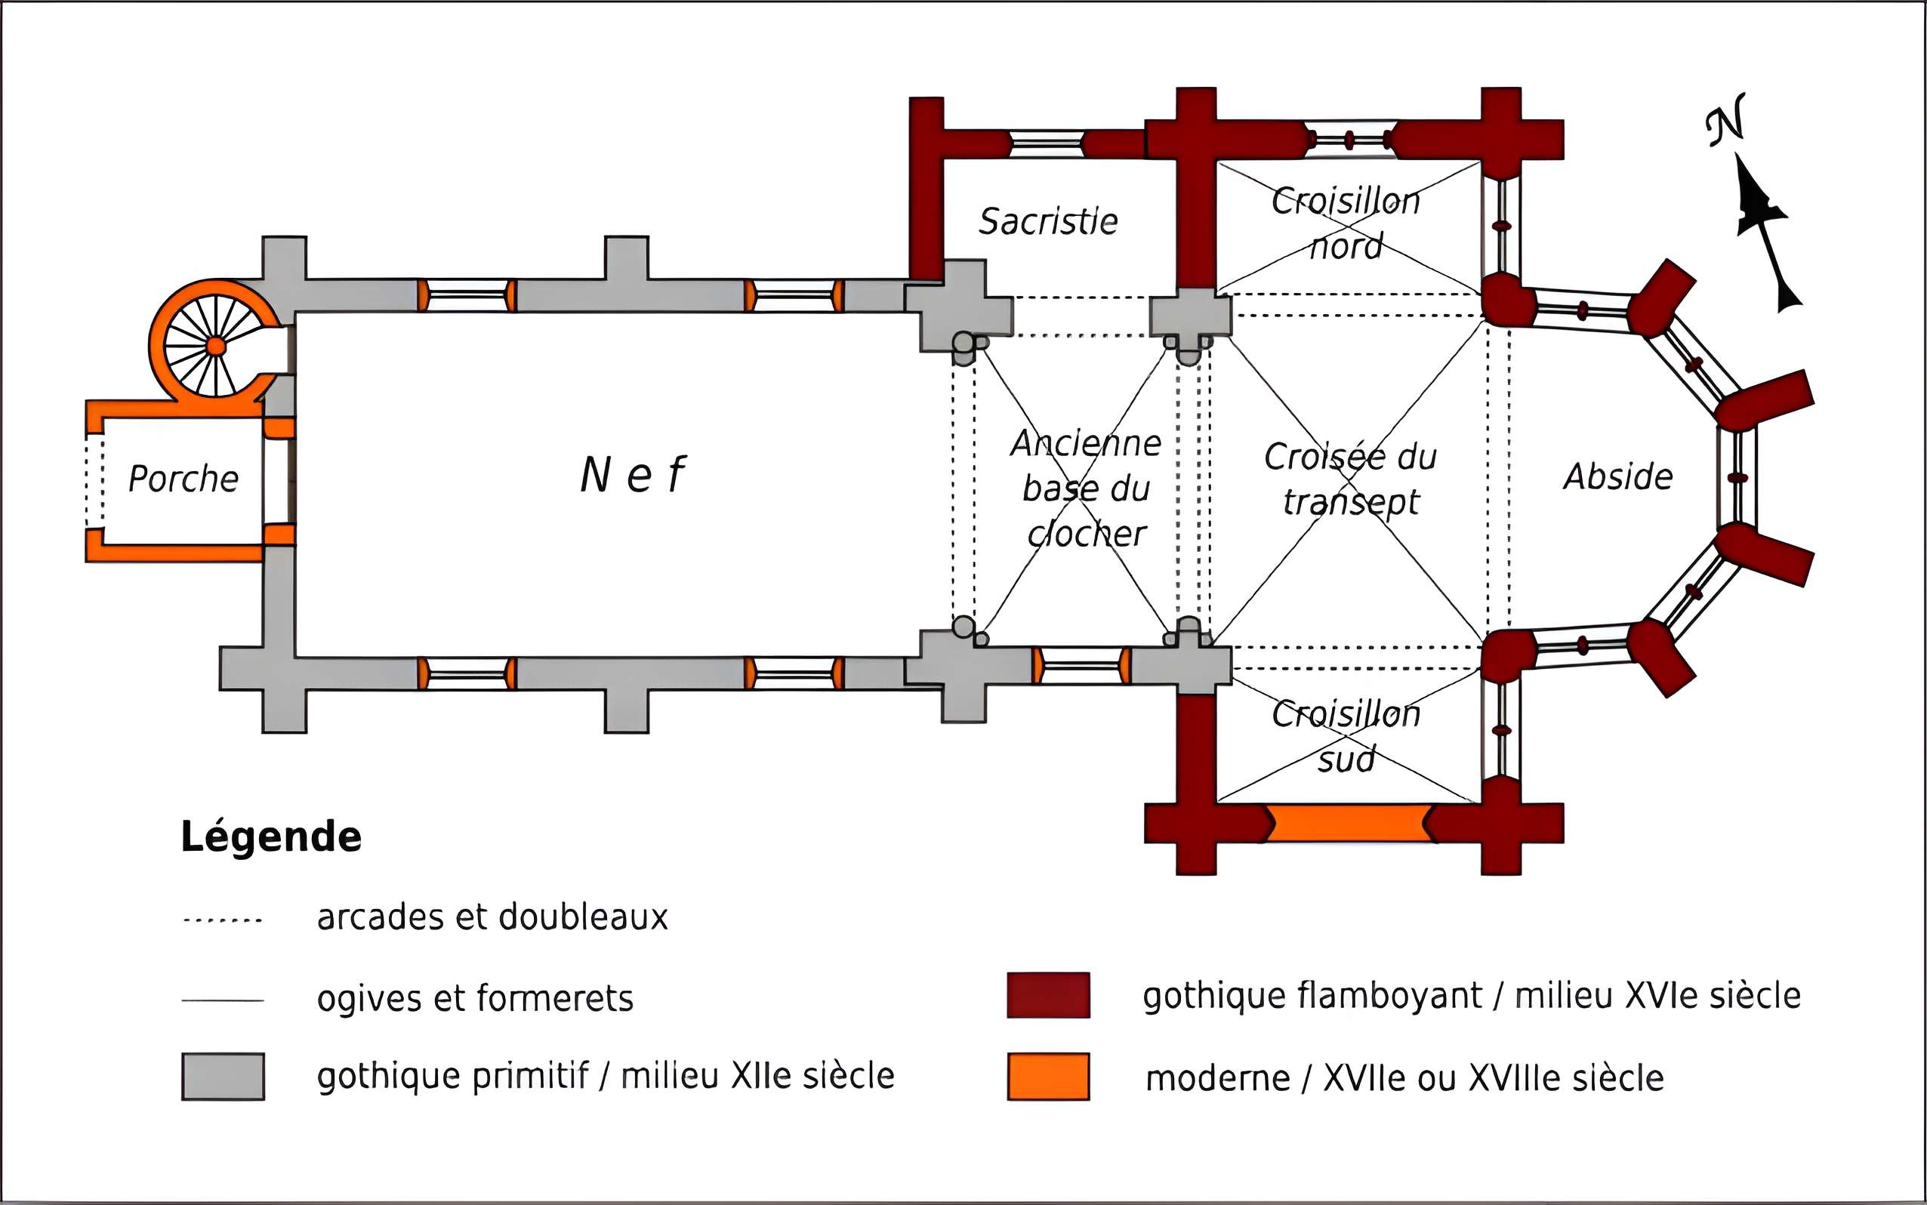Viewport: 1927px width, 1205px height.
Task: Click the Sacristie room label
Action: [1048, 221]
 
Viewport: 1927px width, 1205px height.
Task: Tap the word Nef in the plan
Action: [633, 475]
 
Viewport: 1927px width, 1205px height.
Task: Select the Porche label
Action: [183, 479]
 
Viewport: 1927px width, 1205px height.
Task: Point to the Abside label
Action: [1617, 476]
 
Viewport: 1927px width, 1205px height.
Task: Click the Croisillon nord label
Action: [1346, 224]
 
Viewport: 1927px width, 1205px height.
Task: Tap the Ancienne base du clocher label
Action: [1087, 488]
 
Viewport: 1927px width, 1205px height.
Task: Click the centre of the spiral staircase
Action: [216, 346]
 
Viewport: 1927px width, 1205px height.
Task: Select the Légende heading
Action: [271, 837]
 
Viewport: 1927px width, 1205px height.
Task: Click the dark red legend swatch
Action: [1048, 994]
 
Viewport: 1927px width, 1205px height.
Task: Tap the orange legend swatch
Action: [1048, 1077]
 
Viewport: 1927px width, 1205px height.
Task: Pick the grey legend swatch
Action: [224, 1077]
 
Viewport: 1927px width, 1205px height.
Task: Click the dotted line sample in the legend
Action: [224, 920]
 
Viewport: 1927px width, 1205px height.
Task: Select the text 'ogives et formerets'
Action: [475, 999]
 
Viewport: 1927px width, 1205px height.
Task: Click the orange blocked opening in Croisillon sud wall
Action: [1347, 823]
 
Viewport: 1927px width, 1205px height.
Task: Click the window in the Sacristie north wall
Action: [1047, 144]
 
